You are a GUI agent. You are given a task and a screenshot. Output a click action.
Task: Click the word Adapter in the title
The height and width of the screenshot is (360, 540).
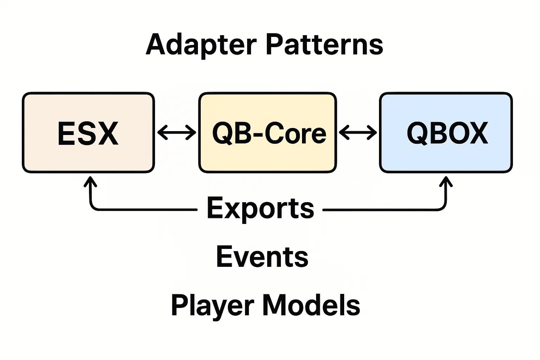click(201, 45)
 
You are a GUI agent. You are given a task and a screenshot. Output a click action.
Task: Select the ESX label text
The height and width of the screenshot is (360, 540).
click(88, 133)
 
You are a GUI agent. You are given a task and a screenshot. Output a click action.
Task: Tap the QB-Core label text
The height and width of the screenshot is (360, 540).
click(269, 133)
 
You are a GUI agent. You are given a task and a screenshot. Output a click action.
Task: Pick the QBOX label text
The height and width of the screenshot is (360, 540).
click(447, 133)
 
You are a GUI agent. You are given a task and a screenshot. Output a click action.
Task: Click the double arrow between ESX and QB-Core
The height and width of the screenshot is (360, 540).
click(176, 133)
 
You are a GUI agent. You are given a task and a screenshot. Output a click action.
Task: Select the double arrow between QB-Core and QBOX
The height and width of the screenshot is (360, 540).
click(358, 133)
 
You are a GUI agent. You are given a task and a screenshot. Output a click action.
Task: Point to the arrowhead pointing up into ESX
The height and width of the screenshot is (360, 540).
click(91, 181)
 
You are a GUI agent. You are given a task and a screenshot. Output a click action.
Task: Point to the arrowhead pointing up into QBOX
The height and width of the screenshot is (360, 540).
click(446, 181)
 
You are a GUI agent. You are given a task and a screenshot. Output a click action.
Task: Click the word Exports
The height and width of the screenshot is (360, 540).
click(260, 208)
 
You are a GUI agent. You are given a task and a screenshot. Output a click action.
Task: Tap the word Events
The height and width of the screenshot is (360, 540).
click(262, 257)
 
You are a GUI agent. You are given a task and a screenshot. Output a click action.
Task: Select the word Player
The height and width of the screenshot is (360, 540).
click(212, 305)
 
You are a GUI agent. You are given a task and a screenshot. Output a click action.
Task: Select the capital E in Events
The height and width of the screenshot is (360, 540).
click(225, 257)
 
